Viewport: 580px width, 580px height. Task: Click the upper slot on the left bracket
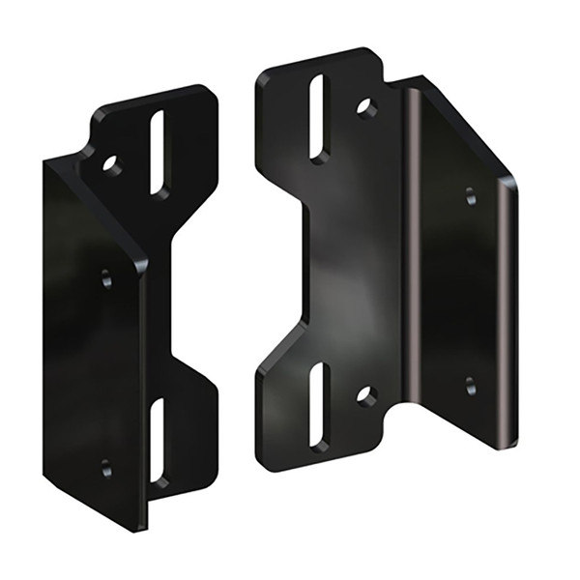159,153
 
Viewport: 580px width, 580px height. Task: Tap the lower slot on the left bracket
158,440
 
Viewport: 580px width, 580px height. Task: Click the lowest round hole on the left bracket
105,469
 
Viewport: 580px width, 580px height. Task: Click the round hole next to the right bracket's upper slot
366,107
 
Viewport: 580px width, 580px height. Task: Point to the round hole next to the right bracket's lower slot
366,394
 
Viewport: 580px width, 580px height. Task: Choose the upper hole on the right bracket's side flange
470,196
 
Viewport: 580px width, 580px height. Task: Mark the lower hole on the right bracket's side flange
470,386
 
